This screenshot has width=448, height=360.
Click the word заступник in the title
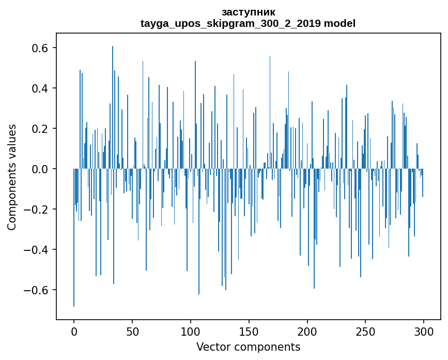[x=248, y=12]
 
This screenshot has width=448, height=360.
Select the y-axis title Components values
[x=12, y=177]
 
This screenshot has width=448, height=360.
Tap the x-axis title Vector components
[x=248, y=347]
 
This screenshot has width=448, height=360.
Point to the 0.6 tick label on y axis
[x=41, y=48]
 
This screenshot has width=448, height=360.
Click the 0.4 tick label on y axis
[x=41, y=88]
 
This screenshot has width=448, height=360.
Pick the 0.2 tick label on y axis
[x=41, y=129]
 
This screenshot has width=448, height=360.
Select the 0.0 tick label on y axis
[x=41, y=169]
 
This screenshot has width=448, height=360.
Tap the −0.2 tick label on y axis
[x=38, y=209]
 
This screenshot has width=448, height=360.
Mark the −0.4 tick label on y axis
[x=38, y=250]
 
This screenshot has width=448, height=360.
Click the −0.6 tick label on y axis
[x=38, y=290]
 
